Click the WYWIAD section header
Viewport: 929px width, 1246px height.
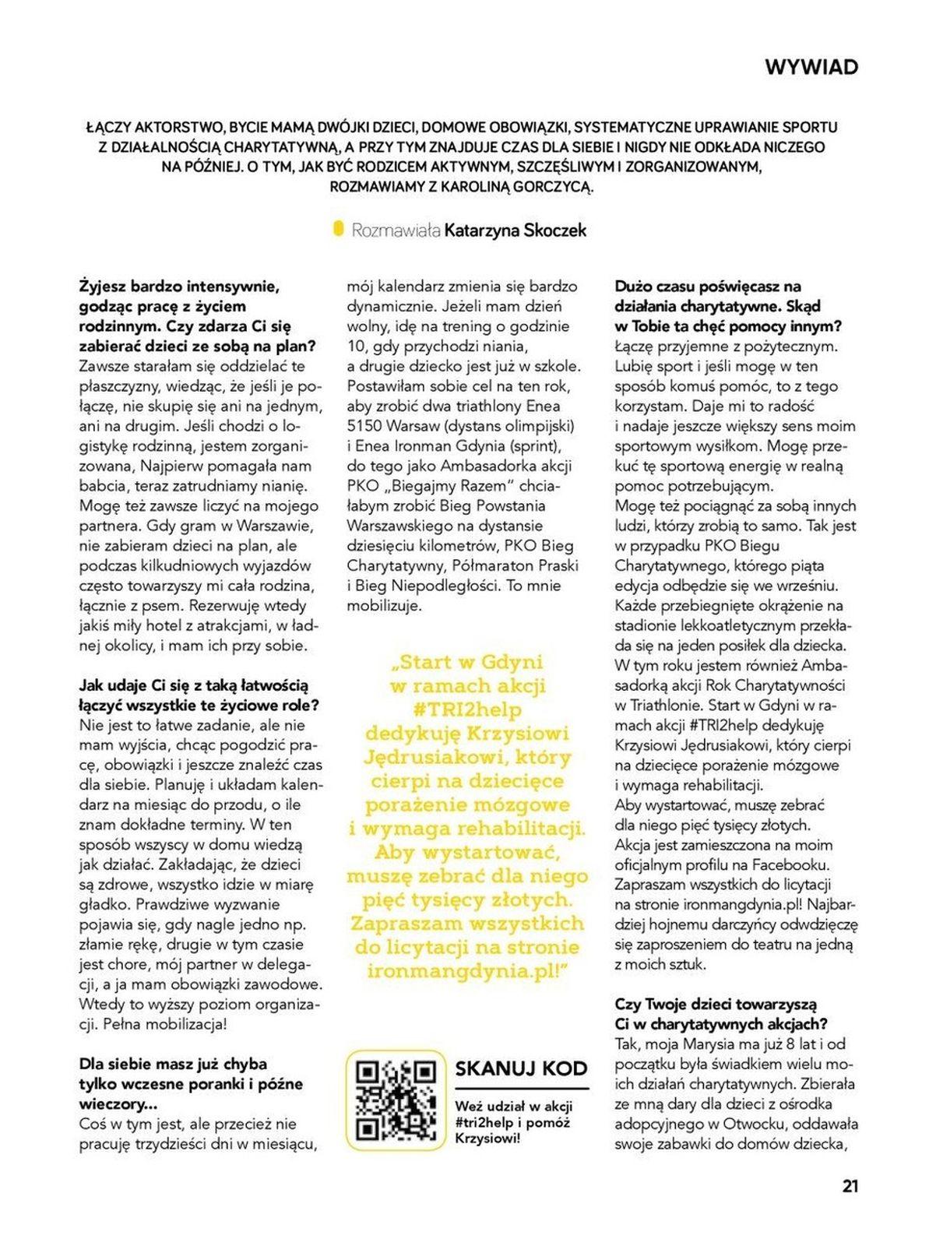[x=811, y=67]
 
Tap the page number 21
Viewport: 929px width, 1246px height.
[x=850, y=1186]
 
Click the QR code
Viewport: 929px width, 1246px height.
[x=395, y=1100]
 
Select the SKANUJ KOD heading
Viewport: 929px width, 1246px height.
[x=521, y=1068]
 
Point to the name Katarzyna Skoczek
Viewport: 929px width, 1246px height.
[x=515, y=231]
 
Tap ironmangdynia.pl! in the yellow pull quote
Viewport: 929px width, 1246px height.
[x=468, y=971]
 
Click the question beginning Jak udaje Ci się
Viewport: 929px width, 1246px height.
[x=199, y=695]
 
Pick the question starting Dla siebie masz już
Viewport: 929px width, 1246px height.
[x=191, y=1083]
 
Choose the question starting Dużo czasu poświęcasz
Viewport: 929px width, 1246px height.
[x=727, y=306]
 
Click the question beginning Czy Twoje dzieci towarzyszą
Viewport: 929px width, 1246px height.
[x=720, y=1013]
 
